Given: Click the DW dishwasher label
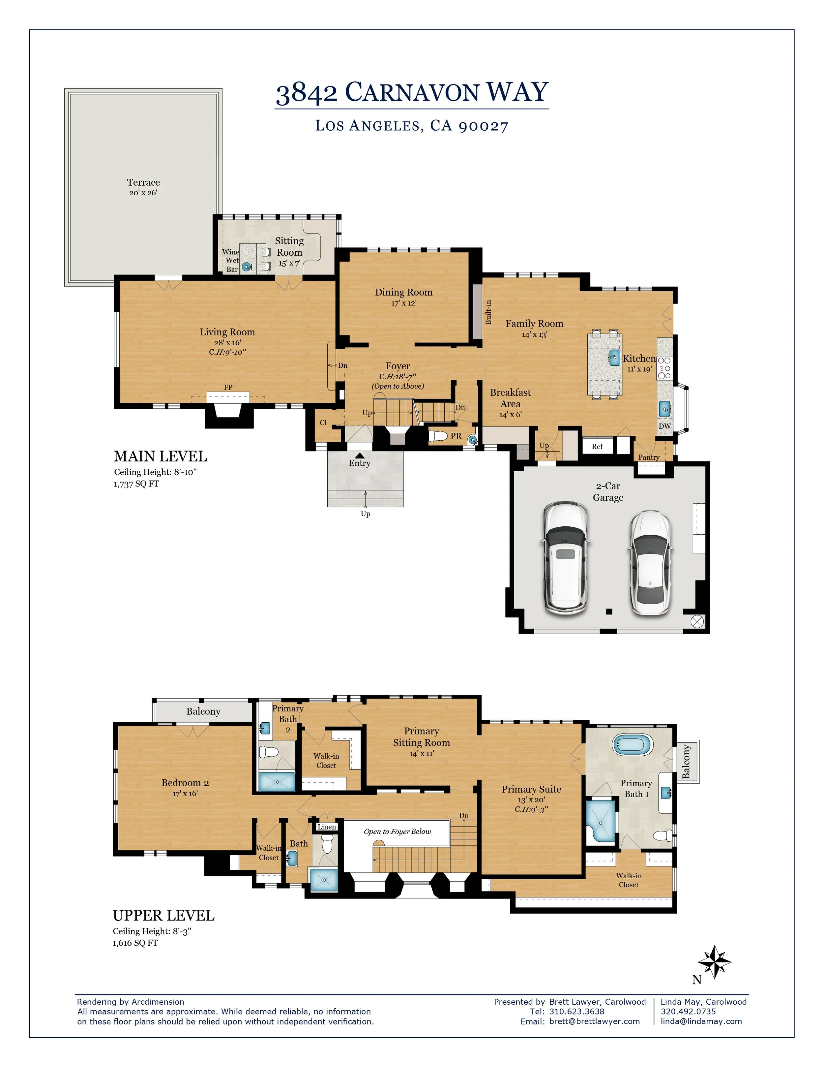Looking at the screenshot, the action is coord(665,426).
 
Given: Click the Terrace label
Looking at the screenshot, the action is coord(143,182).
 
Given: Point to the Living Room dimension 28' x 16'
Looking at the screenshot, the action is coord(227,342).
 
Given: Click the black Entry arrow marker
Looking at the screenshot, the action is coord(360,455).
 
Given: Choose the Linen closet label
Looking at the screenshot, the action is coord(327,827).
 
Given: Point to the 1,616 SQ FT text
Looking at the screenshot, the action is coord(135,943).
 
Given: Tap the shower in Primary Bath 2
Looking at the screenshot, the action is coord(277,782).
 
